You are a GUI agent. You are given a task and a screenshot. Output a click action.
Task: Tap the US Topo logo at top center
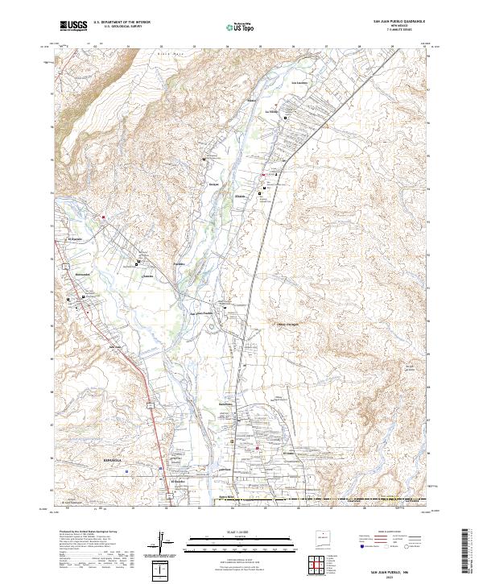241,26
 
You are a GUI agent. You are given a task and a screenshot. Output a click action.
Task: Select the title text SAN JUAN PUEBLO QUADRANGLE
398,21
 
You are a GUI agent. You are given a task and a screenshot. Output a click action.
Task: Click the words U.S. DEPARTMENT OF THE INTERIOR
126,23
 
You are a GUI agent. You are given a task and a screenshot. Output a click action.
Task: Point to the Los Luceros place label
299,83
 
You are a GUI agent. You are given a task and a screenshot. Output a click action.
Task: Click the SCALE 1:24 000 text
241,532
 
